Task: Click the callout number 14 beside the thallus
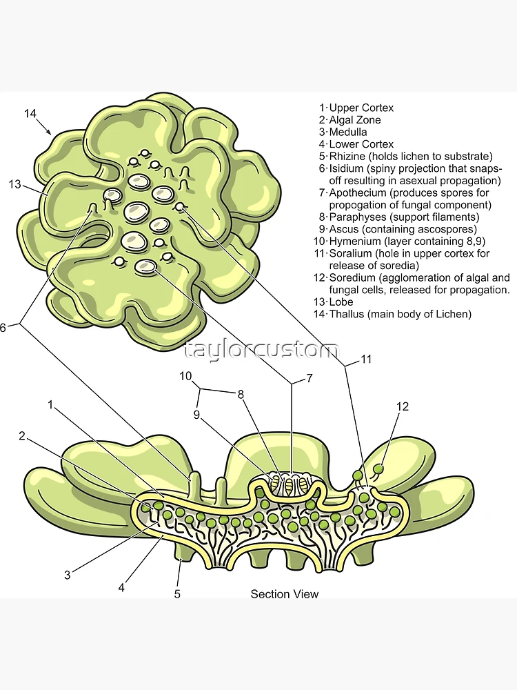pos(30,113)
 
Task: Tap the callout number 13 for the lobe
pos(15,184)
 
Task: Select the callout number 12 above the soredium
pos(403,406)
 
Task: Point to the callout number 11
pos(366,359)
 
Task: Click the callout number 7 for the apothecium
pos(309,377)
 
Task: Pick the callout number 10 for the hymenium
pos(185,376)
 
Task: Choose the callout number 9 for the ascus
pos(196,415)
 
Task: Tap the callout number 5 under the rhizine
pos(177,593)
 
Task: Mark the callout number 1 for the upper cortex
pos(50,404)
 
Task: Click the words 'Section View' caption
pos(285,593)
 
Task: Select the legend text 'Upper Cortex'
pos(361,108)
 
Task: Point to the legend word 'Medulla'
pos(348,132)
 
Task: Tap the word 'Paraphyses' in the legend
pos(356,217)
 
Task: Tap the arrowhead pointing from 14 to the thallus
pos(50,132)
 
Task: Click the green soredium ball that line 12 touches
pos(378,469)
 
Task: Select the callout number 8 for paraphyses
pos(241,395)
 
